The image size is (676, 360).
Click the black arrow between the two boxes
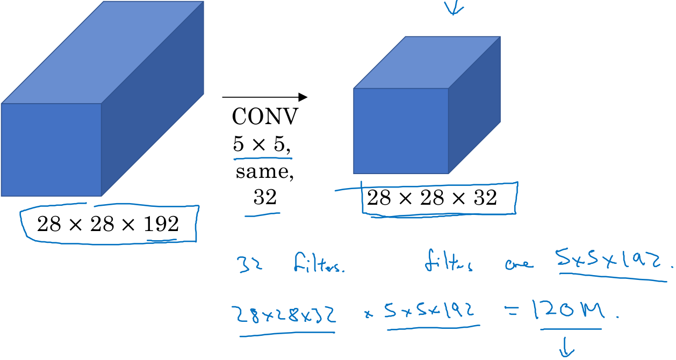[264, 97]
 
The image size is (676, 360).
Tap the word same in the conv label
[264, 173]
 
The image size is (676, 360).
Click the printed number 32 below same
[264, 198]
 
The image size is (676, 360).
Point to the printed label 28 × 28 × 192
[107, 224]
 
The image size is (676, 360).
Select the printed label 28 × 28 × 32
[432, 198]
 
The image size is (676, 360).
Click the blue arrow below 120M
[565, 350]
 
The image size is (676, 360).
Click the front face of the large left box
[52, 149]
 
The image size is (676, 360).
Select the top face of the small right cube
[427, 62]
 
